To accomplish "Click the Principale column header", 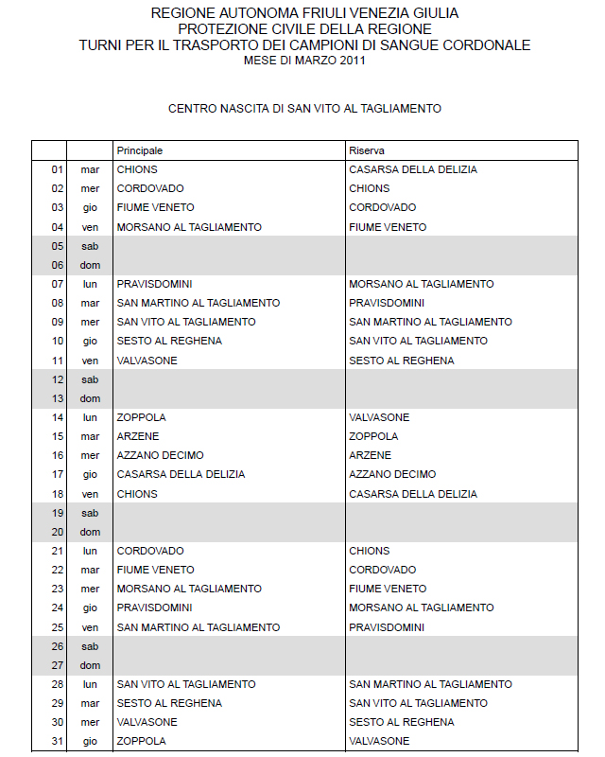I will point(140,150).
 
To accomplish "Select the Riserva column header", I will point(367,150).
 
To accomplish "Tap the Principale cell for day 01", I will point(138,169).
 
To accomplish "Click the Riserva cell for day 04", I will point(388,227).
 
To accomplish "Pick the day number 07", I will point(57,284).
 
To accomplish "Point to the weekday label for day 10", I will point(90,341).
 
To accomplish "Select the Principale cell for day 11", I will point(147,361).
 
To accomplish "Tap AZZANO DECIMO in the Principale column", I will point(160,455).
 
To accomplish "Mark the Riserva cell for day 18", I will point(413,494).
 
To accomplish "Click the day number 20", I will point(57,532).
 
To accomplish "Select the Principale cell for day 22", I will point(155,570).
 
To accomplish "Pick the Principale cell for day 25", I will point(199,627).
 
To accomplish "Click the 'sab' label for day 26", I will point(90,646).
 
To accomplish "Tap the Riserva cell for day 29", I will point(418,703).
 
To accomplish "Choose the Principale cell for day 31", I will point(141,741).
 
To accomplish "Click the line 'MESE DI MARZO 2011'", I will point(304,61).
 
